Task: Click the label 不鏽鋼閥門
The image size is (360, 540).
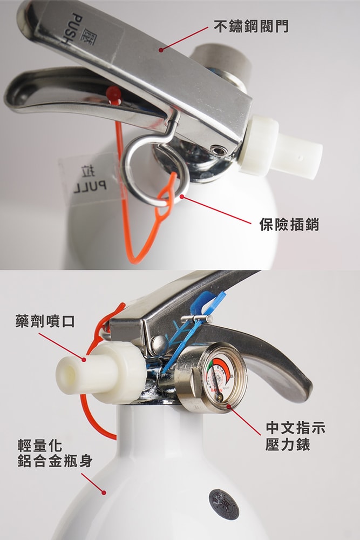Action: (250, 26)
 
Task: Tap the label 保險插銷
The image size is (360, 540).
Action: (289, 225)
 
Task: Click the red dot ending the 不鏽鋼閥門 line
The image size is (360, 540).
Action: (161, 50)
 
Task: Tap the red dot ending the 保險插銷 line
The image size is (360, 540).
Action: (182, 197)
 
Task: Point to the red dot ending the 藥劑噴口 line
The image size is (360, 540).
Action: (84, 359)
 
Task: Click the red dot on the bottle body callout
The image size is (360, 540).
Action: (104, 492)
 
